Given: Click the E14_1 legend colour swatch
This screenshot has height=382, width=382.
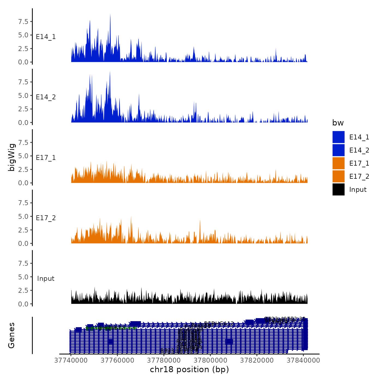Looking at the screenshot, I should (x=338, y=137).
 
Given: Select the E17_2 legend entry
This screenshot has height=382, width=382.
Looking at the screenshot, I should (x=359, y=177).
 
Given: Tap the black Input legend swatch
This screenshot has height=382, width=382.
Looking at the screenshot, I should (x=338, y=189).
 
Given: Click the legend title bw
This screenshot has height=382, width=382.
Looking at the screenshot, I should (x=338, y=123).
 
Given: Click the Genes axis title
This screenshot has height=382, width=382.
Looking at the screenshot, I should (x=11, y=335).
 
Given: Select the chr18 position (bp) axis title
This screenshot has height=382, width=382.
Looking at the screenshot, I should (x=189, y=370).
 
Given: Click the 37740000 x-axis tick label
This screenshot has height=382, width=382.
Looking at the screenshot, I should (x=71, y=360).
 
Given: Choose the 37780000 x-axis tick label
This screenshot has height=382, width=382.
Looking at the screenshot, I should (x=164, y=360).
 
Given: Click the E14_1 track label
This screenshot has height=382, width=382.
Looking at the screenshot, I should (x=46, y=37).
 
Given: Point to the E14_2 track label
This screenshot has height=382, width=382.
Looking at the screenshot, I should (x=46, y=97).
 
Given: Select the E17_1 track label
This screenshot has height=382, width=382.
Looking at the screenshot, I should (x=46, y=158).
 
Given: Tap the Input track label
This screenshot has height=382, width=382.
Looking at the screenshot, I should (x=46, y=279).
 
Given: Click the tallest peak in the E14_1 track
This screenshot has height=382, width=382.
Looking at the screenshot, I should (x=110, y=15).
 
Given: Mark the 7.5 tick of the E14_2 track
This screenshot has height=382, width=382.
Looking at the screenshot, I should (x=23, y=82).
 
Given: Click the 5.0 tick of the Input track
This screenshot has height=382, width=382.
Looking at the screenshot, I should (x=23, y=277).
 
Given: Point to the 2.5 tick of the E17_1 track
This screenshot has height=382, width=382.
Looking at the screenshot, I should (x=23, y=169).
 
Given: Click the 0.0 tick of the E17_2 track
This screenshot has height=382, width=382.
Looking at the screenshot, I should (x=23, y=243).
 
